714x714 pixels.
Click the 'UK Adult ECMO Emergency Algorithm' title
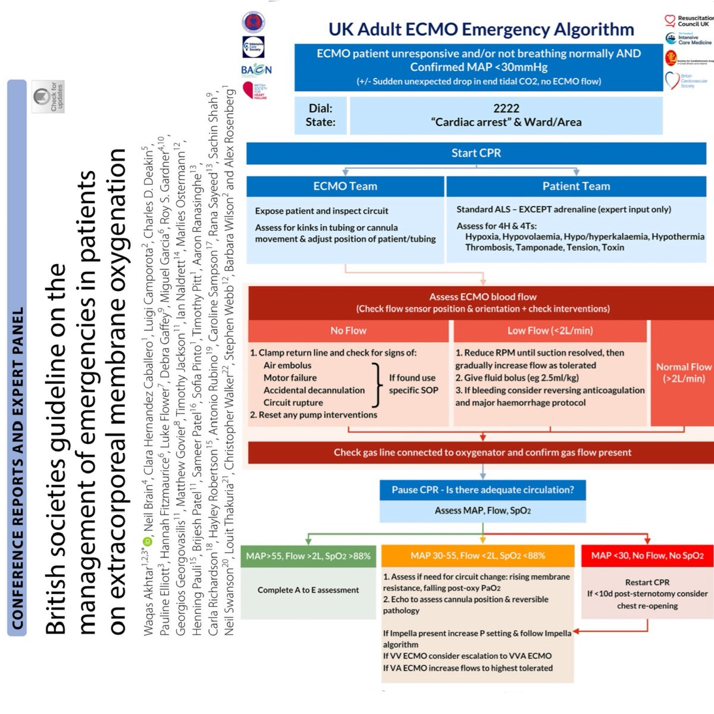click(481, 29)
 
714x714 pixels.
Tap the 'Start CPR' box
click(476, 153)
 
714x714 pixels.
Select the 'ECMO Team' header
click(345, 186)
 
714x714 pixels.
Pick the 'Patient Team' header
click(576, 186)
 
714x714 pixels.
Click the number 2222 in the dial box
click(506, 108)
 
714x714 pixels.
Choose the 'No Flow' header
click(348, 331)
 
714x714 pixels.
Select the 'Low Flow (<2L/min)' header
click(550, 331)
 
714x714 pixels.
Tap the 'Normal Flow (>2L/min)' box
click(683, 372)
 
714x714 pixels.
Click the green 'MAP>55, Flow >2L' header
click(308, 556)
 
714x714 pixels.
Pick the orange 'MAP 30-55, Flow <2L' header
click(478, 556)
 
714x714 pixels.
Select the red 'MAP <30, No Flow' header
click(647, 556)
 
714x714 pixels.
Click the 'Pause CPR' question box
click(483, 490)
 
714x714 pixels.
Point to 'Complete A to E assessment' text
click(308, 590)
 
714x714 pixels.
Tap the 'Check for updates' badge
click(48, 96)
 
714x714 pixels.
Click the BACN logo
click(256, 70)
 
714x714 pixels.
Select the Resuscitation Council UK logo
click(687, 21)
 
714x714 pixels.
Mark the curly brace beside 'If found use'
click(376, 384)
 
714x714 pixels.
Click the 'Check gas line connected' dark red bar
click(482, 452)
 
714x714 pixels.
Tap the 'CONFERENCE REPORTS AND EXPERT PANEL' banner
click(17, 357)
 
